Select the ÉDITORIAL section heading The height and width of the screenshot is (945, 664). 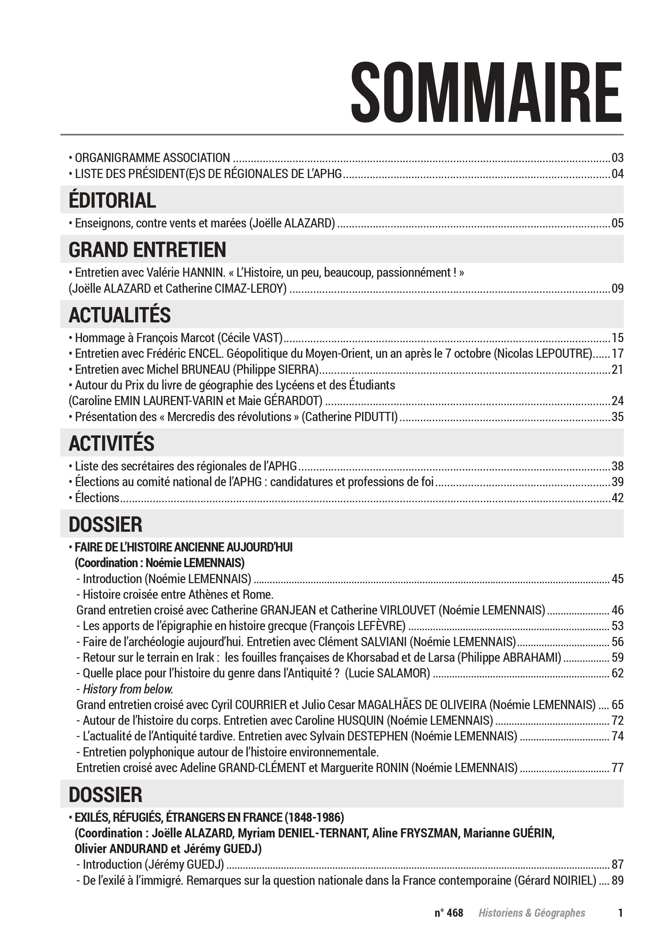point(112,201)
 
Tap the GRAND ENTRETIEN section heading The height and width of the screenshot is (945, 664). point(147,250)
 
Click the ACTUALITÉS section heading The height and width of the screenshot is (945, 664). point(120,315)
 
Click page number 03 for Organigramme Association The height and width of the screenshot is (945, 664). point(617,158)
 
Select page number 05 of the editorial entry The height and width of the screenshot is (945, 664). point(617,223)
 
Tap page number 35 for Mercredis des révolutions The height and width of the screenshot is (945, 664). point(617,417)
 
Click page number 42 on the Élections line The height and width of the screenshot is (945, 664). point(617,498)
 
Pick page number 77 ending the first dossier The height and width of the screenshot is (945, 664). point(617,768)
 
